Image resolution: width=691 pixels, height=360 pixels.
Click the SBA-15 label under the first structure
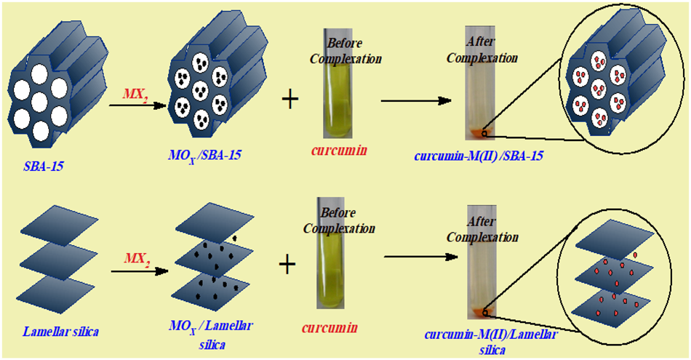(44, 167)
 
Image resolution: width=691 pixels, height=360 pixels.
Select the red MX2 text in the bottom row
(138, 258)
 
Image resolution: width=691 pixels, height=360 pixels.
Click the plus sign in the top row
(289, 100)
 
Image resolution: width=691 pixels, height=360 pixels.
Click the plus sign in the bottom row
(288, 265)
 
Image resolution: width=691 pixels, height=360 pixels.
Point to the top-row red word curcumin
(336, 151)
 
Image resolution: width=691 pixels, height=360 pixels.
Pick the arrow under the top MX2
(135, 106)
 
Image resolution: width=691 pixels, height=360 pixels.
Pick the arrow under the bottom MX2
(139, 273)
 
